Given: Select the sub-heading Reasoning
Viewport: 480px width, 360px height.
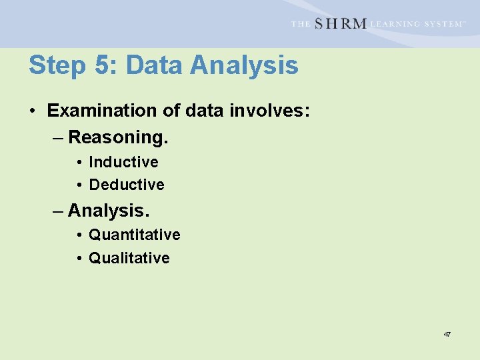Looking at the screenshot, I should click(x=118, y=137).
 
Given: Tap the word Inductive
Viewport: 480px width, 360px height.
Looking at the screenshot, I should click(x=123, y=162).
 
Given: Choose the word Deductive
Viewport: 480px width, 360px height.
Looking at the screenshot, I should click(x=126, y=185).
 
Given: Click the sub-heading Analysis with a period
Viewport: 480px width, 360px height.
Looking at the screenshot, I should click(x=109, y=211).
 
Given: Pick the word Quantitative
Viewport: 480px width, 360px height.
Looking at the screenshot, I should click(x=134, y=235).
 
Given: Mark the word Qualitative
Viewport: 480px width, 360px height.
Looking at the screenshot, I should click(x=129, y=258).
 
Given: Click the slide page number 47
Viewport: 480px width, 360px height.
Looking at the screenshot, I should click(x=447, y=333).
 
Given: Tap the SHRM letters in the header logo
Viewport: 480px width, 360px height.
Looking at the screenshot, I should click(x=340, y=23).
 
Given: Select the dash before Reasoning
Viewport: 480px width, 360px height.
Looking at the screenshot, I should click(x=58, y=138).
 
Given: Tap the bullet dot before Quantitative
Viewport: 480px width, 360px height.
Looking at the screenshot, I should click(x=79, y=235).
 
